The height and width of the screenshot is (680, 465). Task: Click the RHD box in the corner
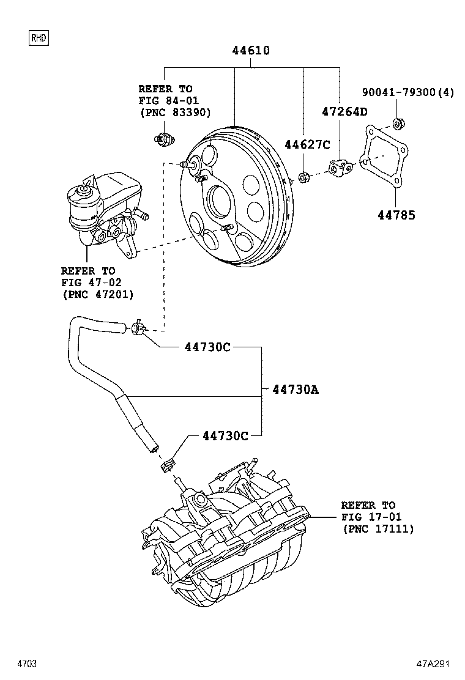38,38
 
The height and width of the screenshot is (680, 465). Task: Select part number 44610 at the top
251,51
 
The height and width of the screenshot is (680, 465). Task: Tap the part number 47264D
344,111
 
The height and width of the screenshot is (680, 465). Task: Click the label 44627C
307,144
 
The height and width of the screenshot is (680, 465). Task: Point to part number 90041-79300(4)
408,92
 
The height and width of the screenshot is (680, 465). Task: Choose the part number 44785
396,215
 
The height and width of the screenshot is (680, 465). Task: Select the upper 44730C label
207,347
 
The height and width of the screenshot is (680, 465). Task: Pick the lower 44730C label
225,435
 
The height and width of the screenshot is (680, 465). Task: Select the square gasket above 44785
384,158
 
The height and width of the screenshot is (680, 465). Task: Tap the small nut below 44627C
303,179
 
